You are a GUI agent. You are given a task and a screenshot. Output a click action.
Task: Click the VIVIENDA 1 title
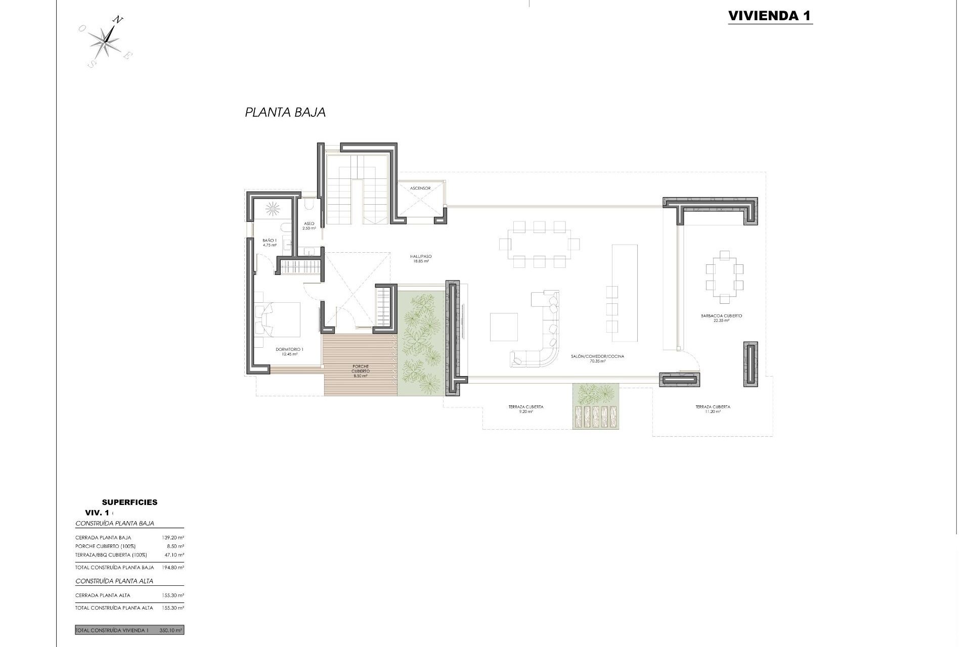[x=770, y=16]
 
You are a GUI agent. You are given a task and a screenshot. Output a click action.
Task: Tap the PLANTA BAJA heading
[x=285, y=112]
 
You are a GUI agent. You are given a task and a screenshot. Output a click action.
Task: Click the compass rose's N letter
[x=117, y=20]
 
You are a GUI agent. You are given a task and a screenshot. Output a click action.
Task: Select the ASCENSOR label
[x=420, y=188]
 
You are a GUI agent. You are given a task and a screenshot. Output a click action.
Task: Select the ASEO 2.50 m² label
[x=309, y=226]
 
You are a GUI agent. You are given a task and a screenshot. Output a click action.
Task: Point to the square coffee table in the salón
[x=504, y=327]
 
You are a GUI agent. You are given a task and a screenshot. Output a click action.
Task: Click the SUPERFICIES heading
[x=129, y=502]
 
